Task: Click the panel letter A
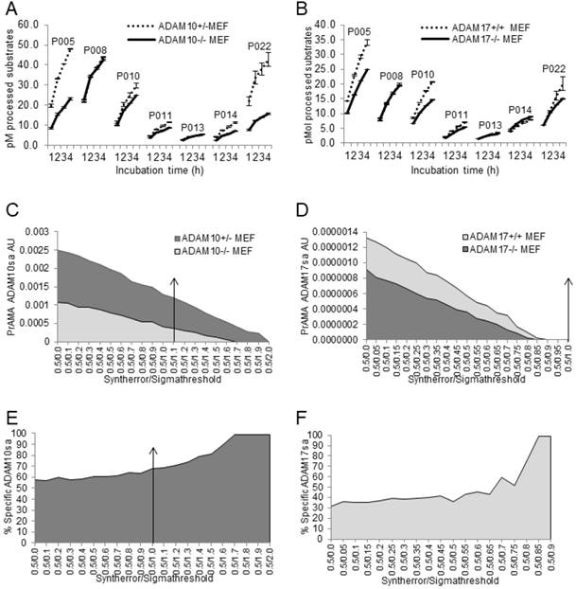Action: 10,9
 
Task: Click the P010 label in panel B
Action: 422,75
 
